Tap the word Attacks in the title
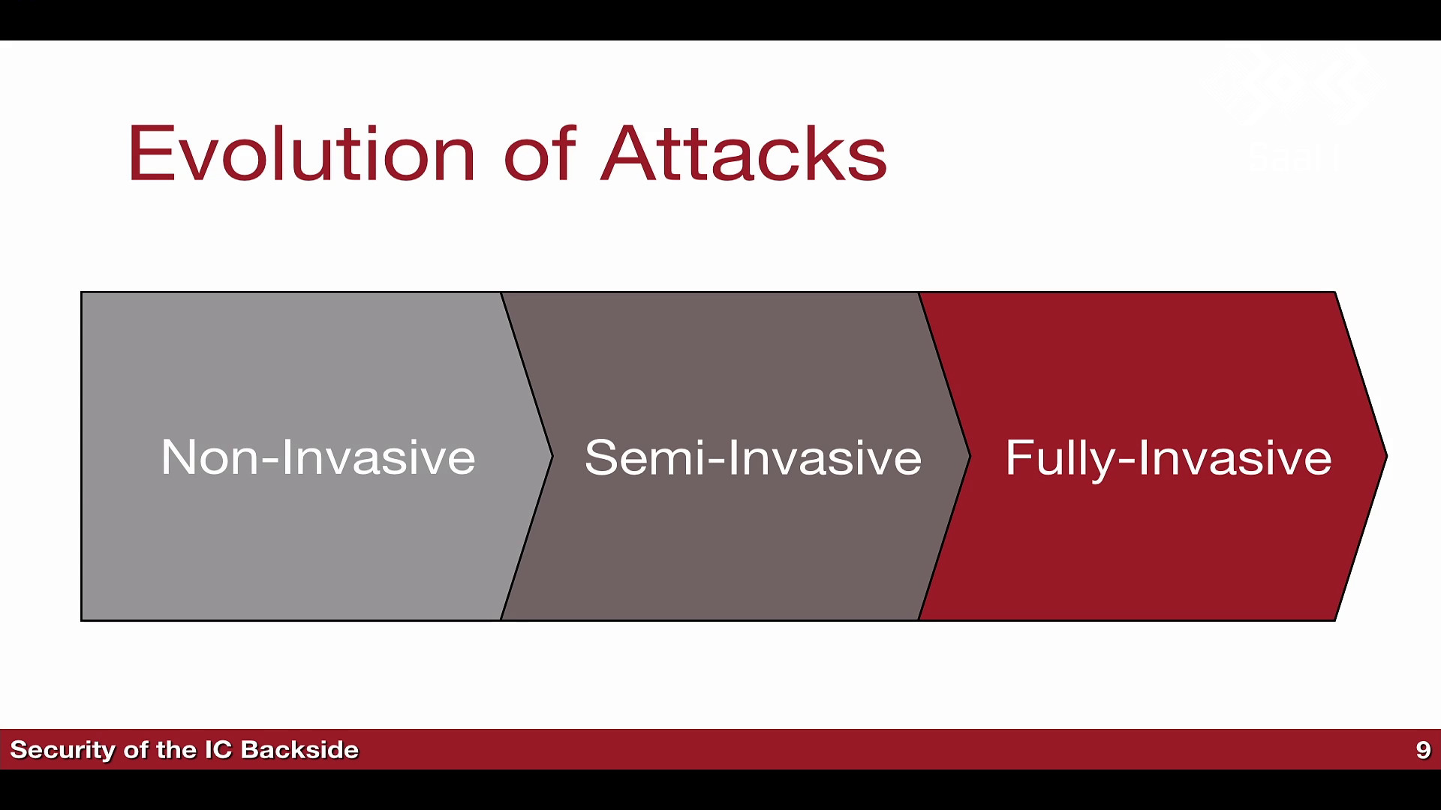744,154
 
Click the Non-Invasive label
318,457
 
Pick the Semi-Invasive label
753,457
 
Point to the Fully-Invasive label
1169,458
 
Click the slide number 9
1423,750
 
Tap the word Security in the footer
62,751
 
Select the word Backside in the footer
299,750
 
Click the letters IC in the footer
218,750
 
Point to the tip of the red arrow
1386,456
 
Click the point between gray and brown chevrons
552,456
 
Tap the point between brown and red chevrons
970,456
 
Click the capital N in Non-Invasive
178,457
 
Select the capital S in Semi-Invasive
600,457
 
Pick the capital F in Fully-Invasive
1019,457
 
